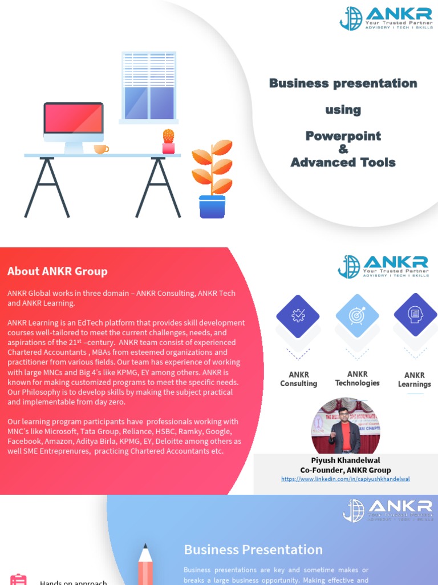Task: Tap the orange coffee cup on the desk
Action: [x=100, y=149]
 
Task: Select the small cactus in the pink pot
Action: [x=168, y=141]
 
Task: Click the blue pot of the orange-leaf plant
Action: [x=212, y=206]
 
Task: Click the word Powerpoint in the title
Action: [x=343, y=136]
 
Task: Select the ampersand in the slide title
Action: [x=343, y=149]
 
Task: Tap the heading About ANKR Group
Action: [x=57, y=271]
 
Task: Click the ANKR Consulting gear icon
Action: [x=298, y=315]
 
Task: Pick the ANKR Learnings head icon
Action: [x=415, y=314]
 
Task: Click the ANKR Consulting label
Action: [x=298, y=379]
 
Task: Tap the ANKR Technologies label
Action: [x=358, y=379]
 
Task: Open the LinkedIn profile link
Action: [x=346, y=479]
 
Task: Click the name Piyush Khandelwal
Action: [x=346, y=460]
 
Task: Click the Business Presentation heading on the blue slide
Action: [x=253, y=550]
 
